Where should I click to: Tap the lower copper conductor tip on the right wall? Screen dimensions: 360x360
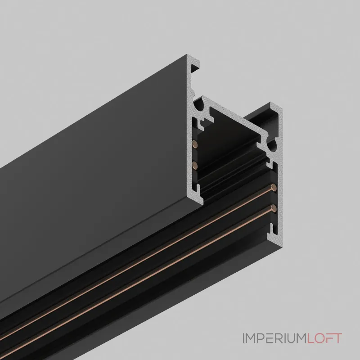(x=273, y=207)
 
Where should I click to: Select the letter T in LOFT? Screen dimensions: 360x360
(x=339, y=337)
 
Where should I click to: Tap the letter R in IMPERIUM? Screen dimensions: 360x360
(x=278, y=337)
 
